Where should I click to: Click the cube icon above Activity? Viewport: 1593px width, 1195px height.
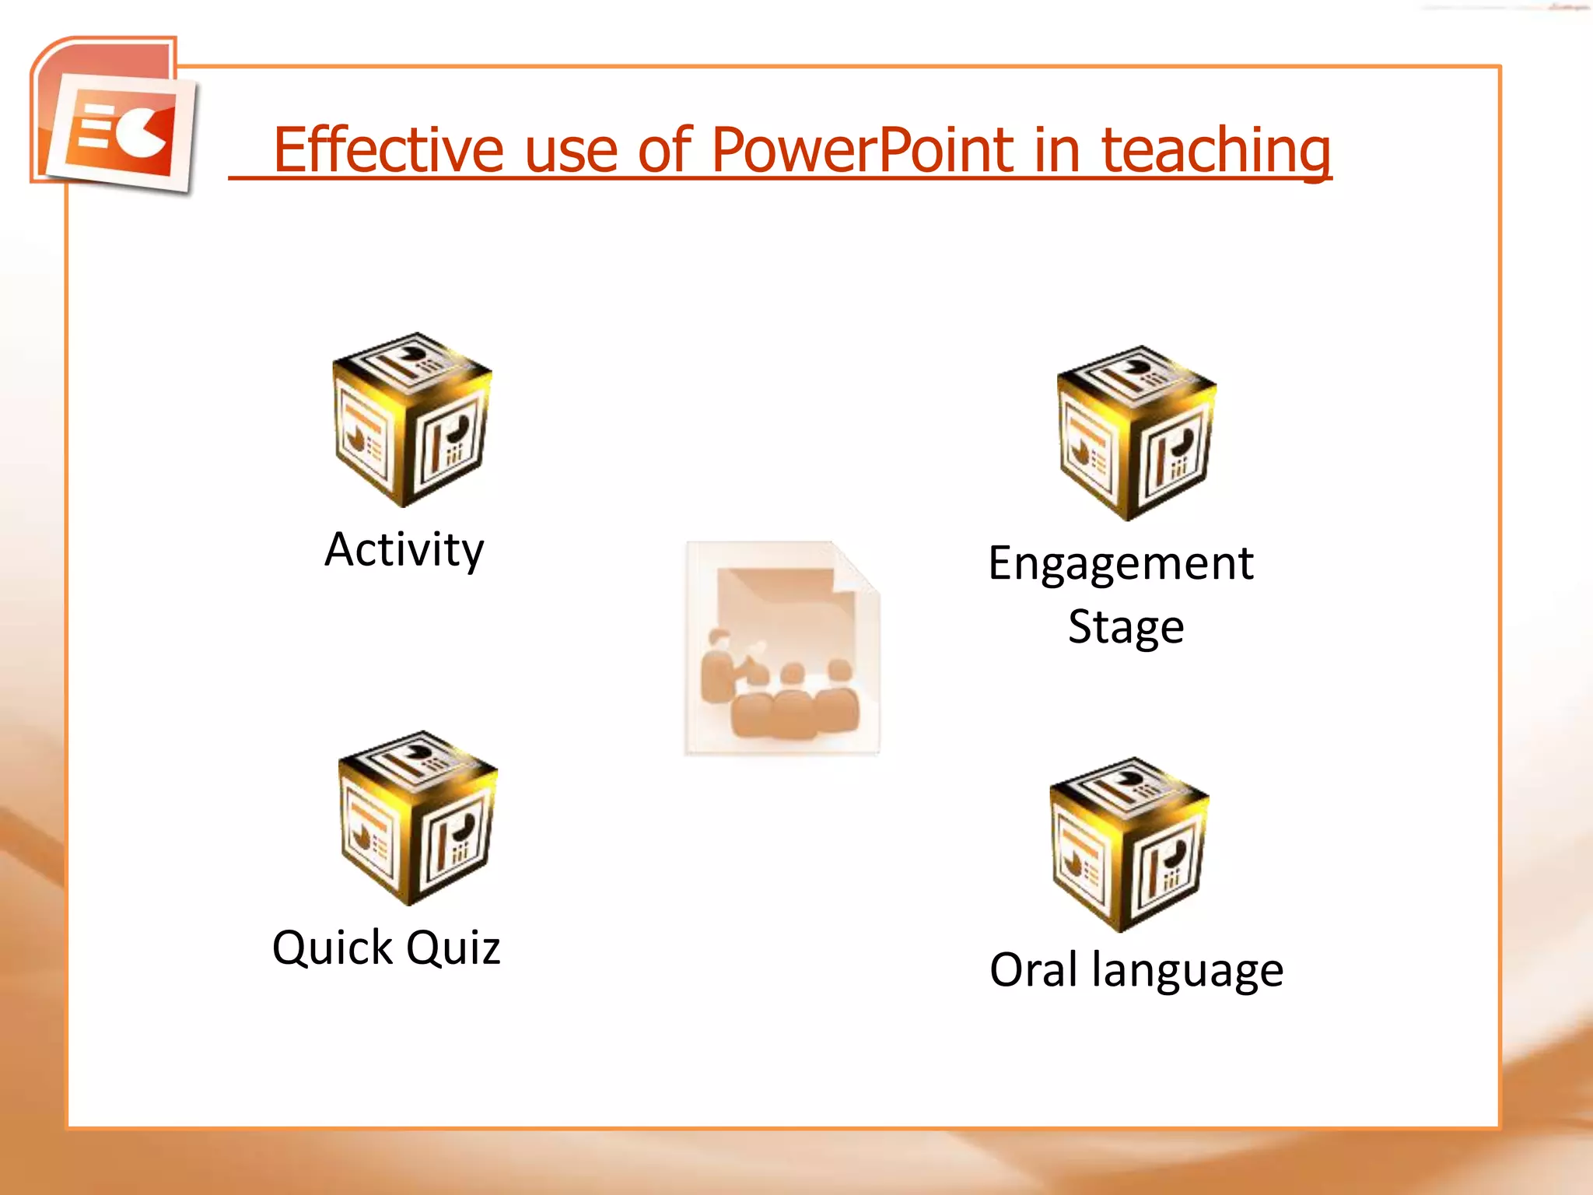411,419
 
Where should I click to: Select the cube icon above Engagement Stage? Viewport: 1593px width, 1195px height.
1136,433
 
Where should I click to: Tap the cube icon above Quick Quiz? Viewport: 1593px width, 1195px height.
418,817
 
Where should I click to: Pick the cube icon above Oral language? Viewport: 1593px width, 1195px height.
1129,843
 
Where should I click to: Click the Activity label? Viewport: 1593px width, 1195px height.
404,550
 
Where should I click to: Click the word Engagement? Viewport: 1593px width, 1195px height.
1120,563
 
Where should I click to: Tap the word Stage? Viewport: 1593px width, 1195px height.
1125,627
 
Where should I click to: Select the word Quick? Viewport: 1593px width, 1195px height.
332,948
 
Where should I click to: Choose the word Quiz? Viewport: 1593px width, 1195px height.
453,948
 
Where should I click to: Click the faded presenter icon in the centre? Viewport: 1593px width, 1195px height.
782,647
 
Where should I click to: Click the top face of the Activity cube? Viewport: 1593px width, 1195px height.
412,361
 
